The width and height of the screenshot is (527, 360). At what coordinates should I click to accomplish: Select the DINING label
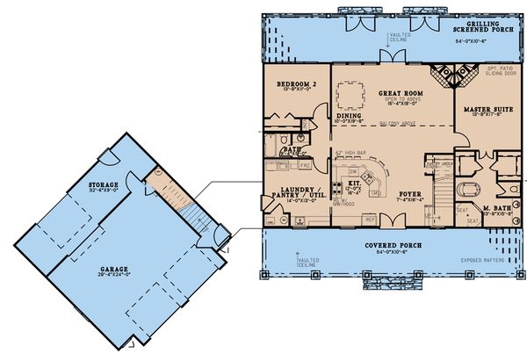346,115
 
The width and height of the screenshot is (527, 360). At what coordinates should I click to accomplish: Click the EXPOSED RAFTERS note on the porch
496,261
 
